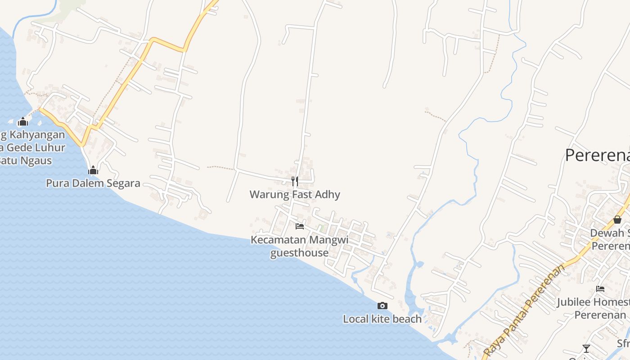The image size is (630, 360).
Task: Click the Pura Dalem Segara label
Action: pyautogui.click(x=93, y=183)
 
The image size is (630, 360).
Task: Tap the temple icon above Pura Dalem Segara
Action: pyautogui.click(x=93, y=170)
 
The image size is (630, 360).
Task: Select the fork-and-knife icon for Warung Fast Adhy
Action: pyautogui.click(x=295, y=181)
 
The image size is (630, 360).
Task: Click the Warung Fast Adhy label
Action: pyautogui.click(x=295, y=194)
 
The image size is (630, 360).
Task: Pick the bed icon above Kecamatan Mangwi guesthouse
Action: pyautogui.click(x=300, y=226)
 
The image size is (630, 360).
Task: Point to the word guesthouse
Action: pyautogui.click(x=299, y=252)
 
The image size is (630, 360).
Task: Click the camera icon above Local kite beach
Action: pyautogui.click(x=382, y=306)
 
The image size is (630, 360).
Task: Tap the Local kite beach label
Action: pyautogui.click(x=382, y=319)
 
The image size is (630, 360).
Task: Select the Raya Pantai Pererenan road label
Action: pyautogui.click(x=524, y=310)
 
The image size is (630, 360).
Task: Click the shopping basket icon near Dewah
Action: pyautogui.click(x=617, y=220)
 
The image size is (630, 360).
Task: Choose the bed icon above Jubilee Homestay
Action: pyautogui.click(x=600, y=289)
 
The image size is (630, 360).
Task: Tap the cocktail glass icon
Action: pyautogui.click(x=586, y=348)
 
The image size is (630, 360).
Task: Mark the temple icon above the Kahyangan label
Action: pyautogui.click(x=22, y=121)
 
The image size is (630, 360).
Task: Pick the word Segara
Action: pyautogui.click(x=123, y=183)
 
